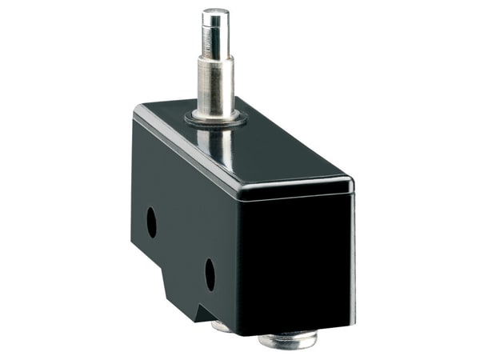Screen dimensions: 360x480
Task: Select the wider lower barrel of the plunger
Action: [x=214, y=84]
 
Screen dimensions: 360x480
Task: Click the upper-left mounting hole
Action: [x=151, y=222]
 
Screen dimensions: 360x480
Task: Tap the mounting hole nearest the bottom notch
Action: [x=210, y=274]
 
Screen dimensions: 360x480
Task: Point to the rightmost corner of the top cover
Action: [x=352, y=182]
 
